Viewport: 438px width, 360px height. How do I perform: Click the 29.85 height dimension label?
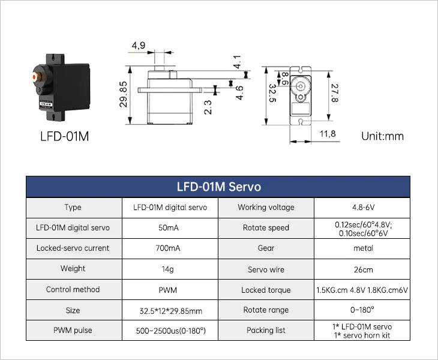[124, 94]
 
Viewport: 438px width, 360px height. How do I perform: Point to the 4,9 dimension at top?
[139, 46]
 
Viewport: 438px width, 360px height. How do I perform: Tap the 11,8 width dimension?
[328, 134]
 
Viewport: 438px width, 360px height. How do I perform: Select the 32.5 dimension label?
[272, 94]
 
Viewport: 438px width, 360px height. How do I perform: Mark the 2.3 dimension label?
[208, 107]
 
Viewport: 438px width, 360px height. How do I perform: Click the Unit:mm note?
[382, 136]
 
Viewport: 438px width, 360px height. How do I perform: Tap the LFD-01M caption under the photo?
[64, 136]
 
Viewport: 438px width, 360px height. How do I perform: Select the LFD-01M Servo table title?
[218, 187]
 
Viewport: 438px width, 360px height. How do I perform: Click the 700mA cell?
[170, 248]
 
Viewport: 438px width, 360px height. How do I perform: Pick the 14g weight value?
[170, 269]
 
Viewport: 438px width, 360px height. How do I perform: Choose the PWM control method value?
[170, 289]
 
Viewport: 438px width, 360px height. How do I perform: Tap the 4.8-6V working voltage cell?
[362, 207]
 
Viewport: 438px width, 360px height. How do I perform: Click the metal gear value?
[362, 248]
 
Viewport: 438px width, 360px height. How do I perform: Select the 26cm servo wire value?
[362, 269]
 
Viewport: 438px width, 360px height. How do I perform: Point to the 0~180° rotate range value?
[362, 310]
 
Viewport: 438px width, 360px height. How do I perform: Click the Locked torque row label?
[266, 290]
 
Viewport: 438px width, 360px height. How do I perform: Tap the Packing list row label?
[266, 330]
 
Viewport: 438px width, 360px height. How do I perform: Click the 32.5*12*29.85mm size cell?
[170, 311]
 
